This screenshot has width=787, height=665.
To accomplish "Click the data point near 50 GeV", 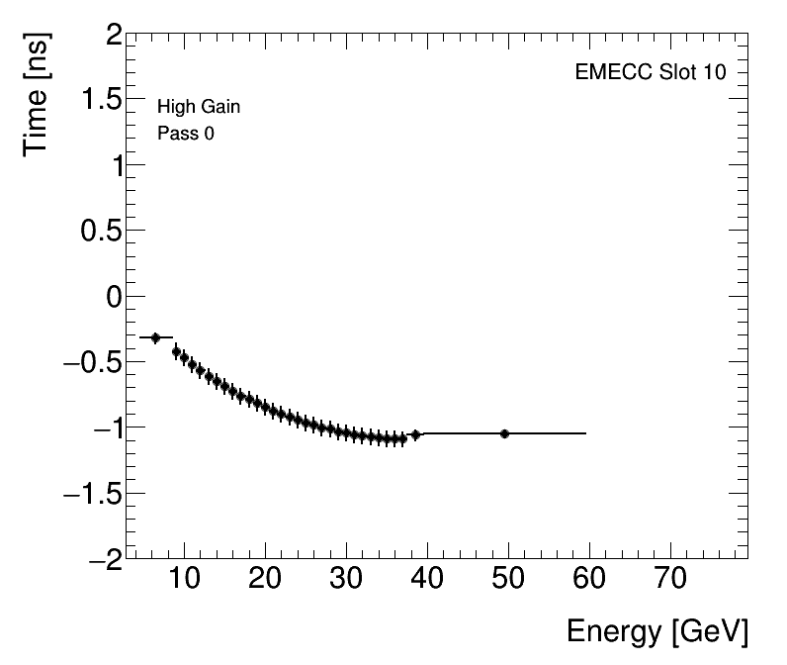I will pyautogui.click(x=504, y=433).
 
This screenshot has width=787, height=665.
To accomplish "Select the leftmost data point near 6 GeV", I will pyautogui.click(x=155, y=338).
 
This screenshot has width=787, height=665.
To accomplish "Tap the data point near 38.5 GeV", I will pyautogui.click(x=415, y=434).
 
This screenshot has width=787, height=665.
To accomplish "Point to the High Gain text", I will pyautogui.click(x=199, y=107).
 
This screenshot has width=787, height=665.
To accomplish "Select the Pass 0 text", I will pyautogui.click(x=185, y=134).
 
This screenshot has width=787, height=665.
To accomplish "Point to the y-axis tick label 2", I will pyautogui.click(x=114, y=37).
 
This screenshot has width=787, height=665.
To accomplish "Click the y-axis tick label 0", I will pyautogui.click(x=114, y=297).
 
